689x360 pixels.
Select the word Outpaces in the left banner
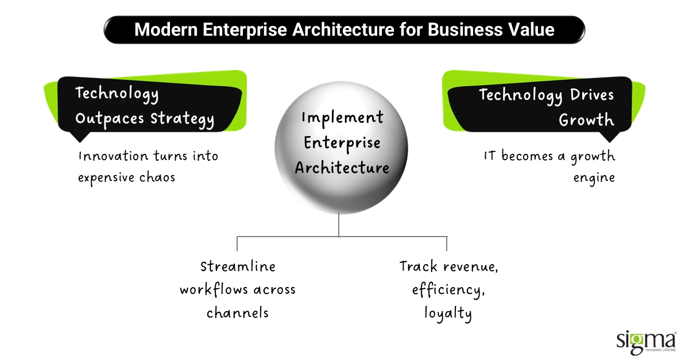click(x=110, y=119)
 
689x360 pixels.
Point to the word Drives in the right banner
click(x=592, y=94)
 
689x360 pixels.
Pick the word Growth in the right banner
click(x=586, y=120)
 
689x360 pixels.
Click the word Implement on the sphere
click(x=342, y=118)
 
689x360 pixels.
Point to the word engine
click(x=594, y=177)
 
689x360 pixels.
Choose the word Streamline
click(x=238, y=266)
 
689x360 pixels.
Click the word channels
click(x=238, y=313)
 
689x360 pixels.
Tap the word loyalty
click(x=448, y=313)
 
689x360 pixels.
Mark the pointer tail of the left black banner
click(x=78, y=137)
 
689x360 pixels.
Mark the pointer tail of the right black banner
click(x=610, y=137)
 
